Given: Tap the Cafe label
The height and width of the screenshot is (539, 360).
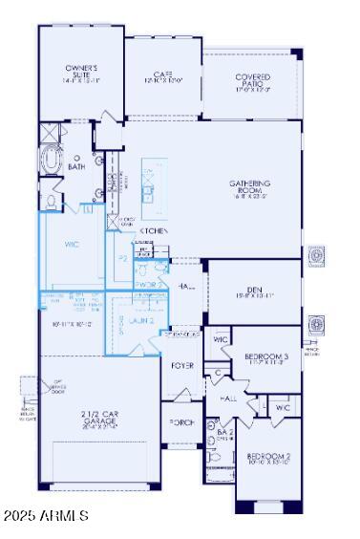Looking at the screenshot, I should [x=162, y=76].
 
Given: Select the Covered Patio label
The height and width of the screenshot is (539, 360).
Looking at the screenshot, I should [x=252, y=80].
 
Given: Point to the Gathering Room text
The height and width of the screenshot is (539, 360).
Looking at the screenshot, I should [x=251, y=187].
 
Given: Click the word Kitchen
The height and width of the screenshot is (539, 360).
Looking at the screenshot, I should [x=155, y=231].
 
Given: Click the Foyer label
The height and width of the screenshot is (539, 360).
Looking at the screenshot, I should [x=181, y=366].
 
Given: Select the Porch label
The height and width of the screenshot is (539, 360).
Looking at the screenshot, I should [x=181, y=421].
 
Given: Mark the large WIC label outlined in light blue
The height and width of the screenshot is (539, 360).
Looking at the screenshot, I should [x=72, y=245].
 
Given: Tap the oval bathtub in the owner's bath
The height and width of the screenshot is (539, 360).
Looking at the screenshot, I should [x=52, y=163].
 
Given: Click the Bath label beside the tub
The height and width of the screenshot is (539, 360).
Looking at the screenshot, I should [x=76, y=166].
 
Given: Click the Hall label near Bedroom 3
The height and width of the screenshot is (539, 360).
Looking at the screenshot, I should [x=228, y=397].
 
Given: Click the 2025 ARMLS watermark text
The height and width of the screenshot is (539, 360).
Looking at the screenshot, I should [x=45, y=516].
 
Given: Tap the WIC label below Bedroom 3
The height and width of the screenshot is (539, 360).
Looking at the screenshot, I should [x=283, y=408].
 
